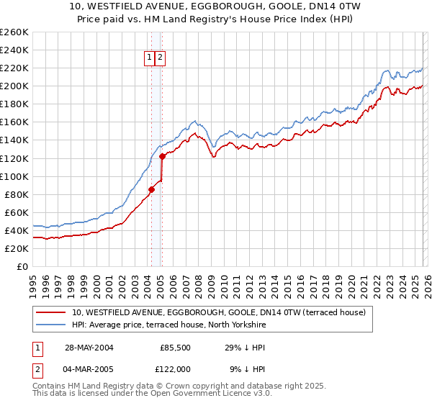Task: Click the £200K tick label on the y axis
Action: (x=14, y=86)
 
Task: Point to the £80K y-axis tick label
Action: (x=17, y=194)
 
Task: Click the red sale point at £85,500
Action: (x=152, y=189)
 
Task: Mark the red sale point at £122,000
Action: (x=162, y=156)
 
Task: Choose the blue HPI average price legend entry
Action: (x=169, y=325)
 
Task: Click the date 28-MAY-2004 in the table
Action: (x=89, y=347)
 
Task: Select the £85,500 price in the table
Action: (x=175, y=347)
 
